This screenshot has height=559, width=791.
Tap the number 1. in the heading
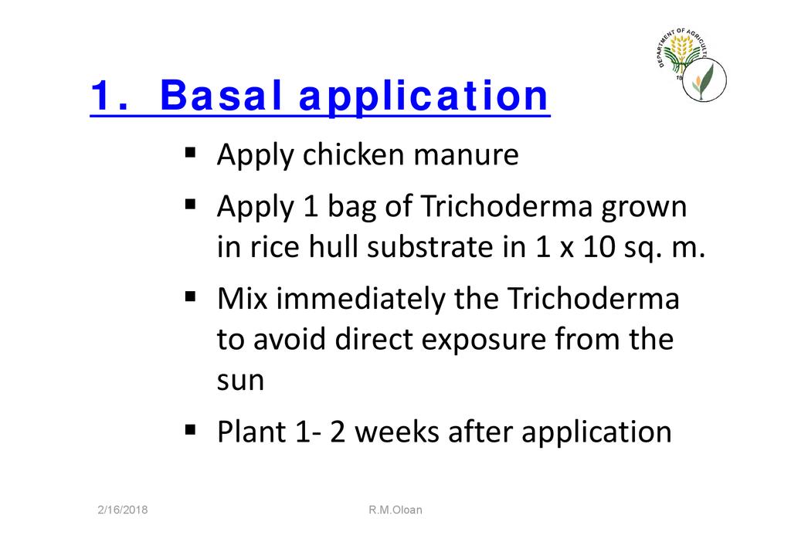point(110,95)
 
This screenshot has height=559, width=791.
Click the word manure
point(466,155)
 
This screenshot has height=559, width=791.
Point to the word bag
point(352,208)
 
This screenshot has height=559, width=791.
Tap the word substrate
point(430,246)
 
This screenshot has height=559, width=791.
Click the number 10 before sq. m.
point(599,247)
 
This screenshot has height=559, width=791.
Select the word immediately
point(361,300)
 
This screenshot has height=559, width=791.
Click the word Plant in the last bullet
point(251,432)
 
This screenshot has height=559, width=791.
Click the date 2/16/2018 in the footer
point(123,510)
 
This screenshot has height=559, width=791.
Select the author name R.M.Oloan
point(395,510)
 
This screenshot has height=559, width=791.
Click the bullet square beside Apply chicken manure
point(190,152)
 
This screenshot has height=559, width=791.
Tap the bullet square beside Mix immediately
point(190,296)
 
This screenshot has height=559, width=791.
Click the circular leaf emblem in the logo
point(704,80)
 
